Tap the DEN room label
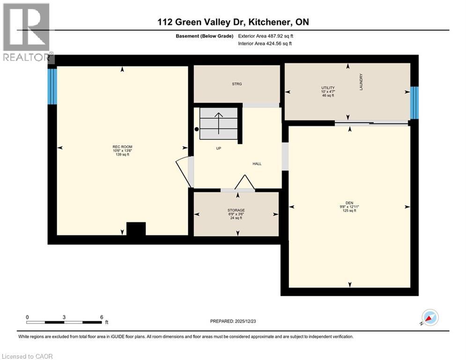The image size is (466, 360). point(349,203)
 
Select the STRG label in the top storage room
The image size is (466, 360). point(237,84)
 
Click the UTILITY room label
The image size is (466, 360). point(328,88)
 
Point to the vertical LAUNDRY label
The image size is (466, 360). point(362,82)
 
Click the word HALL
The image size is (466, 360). point(257,164)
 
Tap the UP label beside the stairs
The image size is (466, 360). point(218,148)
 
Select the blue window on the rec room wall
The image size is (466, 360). point(52,86)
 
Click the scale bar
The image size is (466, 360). point(65,322)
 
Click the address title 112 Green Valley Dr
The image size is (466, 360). point(233,22)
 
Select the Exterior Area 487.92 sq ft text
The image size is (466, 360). point(266,36)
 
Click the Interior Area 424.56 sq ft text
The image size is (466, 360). point(265,44)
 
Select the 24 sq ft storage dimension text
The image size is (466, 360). point(237,218)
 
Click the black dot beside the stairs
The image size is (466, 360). point(197,129)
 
